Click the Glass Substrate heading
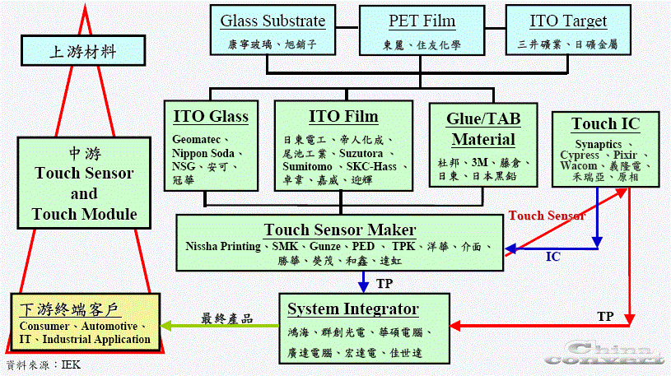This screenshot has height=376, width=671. (273, 21)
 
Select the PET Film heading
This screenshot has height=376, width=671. (422, 21)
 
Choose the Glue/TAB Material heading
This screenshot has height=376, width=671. (482, 128)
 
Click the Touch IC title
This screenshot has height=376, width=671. (606, 124)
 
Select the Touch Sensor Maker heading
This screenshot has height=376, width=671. (339, 230)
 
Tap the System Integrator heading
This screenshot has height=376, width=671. (352, 309)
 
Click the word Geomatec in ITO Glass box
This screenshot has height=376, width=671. (198, 139)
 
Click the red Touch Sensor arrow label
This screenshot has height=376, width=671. (547, 216)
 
